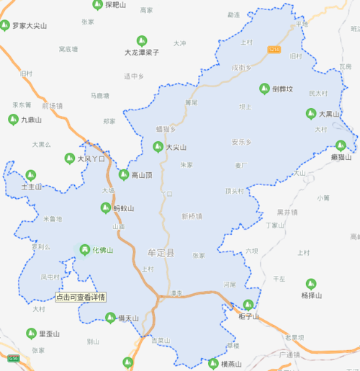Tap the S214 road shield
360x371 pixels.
(x=273, y=48)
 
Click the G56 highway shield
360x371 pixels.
(x=14, y=357)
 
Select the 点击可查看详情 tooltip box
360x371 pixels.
(x=81, y=296)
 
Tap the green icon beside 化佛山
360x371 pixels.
(x=84, y=250)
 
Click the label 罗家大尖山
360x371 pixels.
(x=30, y=25)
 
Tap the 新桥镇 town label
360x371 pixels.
(x=192, y=215)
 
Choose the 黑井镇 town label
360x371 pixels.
(x=287, y=212)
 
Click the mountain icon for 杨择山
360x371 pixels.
(x=310, y=284)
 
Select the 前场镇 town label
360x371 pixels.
(x=52, y=105)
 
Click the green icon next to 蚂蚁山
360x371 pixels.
(x=106, y=208)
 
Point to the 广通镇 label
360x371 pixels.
(x=288, y=355)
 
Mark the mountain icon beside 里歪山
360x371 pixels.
(x=31, y=334)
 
